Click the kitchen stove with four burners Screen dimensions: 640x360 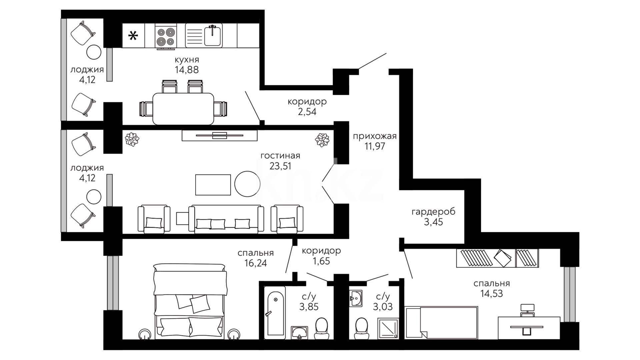pos(166,37)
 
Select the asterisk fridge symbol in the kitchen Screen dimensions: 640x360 pos(133,35)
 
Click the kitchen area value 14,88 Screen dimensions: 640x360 pos(187,70)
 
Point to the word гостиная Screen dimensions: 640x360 pos(280,156)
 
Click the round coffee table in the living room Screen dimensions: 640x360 pos(247,184)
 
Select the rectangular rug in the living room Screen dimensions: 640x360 pos(213,185)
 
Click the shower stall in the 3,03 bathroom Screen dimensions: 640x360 pos(388,329)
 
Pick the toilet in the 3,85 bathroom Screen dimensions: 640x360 pos(322,328)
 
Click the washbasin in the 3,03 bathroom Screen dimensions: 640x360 pos(356,297)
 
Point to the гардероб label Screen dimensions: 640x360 pos(434,212)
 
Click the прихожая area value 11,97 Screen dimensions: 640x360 pos(375,146)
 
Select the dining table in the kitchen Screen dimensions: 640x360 pos(183,109)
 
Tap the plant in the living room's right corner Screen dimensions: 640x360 pos(322,140)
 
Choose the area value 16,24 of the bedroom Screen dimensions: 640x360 pos(256,263)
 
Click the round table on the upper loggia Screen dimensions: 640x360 pos(94,52)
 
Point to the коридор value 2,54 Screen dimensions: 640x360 pos(307,111)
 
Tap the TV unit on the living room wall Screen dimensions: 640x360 pos(220,135)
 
